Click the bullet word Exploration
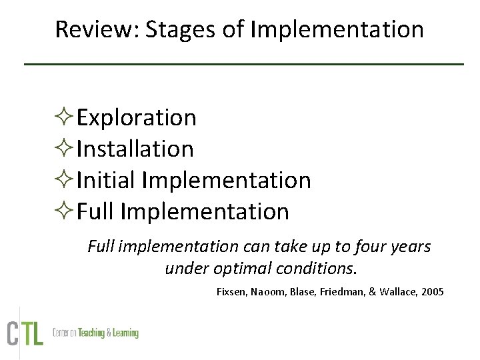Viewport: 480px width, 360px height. coord(136,117)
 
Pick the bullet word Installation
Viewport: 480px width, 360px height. coord(135,149)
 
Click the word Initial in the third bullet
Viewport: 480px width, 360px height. coord(106,180)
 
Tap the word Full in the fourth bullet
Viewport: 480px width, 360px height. coord(95,211)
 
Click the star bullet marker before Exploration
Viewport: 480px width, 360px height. coord(65,118)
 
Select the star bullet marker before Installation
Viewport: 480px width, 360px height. coord(65,149)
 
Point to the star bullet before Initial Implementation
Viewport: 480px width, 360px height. coord(65,181)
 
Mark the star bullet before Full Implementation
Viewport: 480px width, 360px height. coord(65,212)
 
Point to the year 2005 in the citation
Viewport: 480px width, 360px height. coord(431,292)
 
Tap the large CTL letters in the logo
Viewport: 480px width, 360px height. coord(25,333)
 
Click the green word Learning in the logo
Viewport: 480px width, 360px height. coord(123,333)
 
